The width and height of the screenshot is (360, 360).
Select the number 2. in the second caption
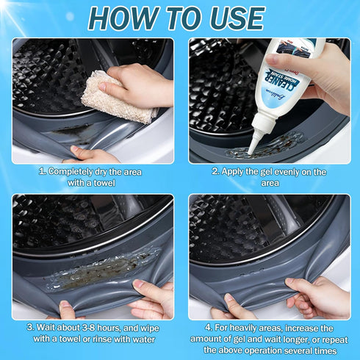pos(215,171)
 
